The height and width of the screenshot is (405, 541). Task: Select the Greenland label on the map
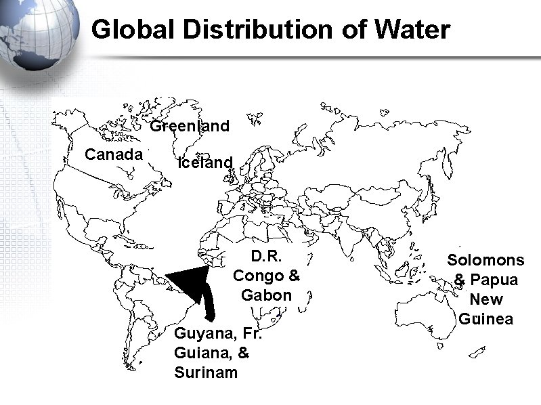coord(190,126)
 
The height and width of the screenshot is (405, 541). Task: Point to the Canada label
coord(113,154)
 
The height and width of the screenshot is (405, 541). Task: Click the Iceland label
coord(204,163)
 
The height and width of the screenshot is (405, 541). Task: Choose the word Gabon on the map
coord(266,295)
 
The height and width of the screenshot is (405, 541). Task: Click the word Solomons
coord(485,260)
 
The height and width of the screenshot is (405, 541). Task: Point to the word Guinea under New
coord(485,318)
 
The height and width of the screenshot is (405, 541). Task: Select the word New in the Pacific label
coord(486,299)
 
